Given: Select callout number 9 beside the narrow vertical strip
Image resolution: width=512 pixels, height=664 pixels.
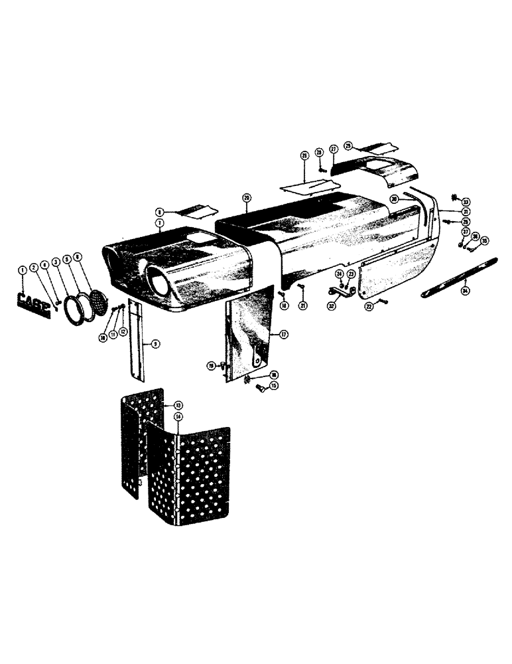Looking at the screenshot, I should [154, 344].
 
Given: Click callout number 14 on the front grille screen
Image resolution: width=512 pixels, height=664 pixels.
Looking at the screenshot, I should [178, 416].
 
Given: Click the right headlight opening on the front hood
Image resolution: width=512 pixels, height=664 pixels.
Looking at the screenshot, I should [159, 285].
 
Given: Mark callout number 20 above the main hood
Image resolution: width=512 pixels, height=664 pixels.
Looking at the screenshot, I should [247, 197].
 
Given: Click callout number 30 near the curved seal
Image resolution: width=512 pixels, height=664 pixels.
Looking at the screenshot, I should [393, 199].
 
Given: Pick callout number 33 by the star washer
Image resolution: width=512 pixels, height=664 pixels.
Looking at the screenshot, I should [466, 201].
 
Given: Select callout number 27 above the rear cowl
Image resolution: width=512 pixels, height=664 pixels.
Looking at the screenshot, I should [333, 149].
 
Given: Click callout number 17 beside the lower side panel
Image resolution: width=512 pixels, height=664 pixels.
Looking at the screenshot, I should [283, 334].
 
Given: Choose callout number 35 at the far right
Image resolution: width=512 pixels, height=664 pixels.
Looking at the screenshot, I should [484, 240].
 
